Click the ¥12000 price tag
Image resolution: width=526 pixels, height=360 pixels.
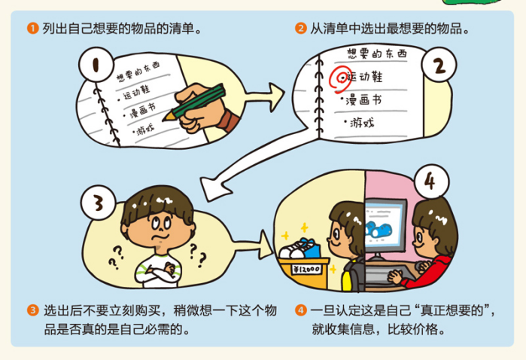[306, 269]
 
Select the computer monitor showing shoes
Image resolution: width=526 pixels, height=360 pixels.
[385, 225]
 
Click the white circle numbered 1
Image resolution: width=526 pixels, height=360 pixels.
[96, 65]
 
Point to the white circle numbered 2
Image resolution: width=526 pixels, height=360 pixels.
[439, 65]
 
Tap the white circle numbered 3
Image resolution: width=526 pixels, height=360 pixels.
[99, 203]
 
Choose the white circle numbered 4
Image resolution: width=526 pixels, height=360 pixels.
[432, 182]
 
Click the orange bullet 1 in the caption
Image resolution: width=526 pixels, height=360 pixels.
[33, 28]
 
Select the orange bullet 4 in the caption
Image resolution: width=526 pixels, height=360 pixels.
[301, 310]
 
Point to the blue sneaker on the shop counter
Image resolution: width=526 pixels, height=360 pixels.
[309, 248]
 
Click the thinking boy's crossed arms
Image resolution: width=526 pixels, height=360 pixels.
[158, 270]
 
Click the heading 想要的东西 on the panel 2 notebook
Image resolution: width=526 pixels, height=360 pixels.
[377, 53]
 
